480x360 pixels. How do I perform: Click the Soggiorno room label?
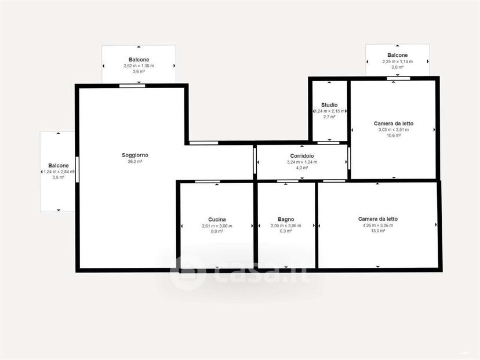click(x=135, y=155)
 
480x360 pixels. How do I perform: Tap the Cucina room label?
click(x=217, y=220)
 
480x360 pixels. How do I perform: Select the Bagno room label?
click(x=286, y=219)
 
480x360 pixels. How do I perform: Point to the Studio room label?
click(x=329, y=105)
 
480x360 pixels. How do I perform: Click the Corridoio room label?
click(x=302, y=156)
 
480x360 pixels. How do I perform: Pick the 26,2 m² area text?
click(x=135, y=161)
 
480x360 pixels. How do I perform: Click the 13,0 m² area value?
click(x=378, y=231)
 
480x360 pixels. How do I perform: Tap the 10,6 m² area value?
click(x=394, y=135)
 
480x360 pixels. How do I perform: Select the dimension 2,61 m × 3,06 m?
click(x=217, y=226)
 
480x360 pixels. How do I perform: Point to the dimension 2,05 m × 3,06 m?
click(x=286, y=226)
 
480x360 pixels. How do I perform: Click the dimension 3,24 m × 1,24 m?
click(x=302, y=162)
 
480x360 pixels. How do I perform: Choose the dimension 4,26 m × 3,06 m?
click(x=378, y=226)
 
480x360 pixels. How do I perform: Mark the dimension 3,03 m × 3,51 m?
click(x=394, y=129)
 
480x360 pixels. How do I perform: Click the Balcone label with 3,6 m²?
click(x=139, y=60)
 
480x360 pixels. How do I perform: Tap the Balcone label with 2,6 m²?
click(x=398, y=55)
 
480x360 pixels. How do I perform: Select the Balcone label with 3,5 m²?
click(x=59, y=166)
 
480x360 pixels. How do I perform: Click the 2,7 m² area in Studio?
click(x=329, y=117)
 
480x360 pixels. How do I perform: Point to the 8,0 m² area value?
click(x=217, y=231)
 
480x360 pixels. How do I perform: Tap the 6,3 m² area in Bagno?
click(x=286, y=231)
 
